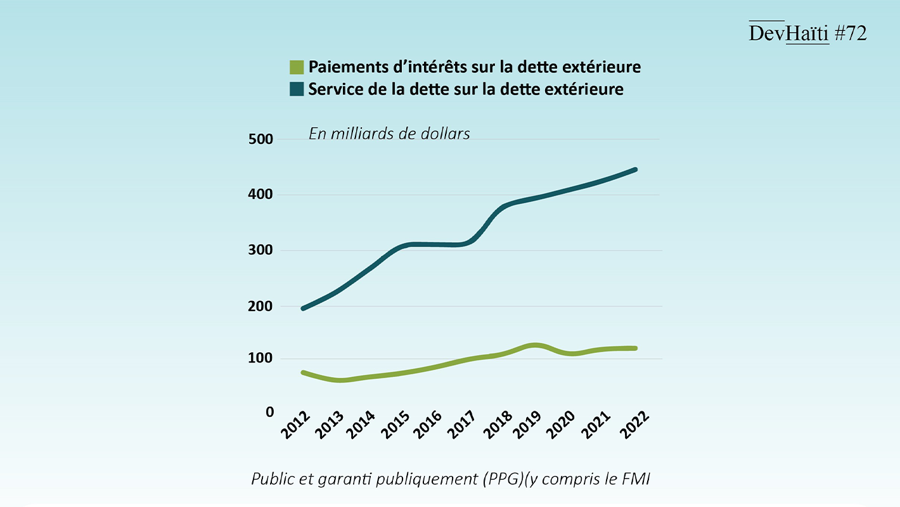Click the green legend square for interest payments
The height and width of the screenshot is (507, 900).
click(x=297, y=67)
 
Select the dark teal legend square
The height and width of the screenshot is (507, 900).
click(x=297, y=89)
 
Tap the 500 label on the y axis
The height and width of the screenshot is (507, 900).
click(x=260, y=139)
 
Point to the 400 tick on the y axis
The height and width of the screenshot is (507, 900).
click(x=260, y=195)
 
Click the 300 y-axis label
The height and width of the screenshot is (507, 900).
click(x=260, y=250)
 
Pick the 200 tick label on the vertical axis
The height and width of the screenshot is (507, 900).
click(x=260, y=306)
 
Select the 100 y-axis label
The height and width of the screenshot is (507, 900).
click(x=260, y=359)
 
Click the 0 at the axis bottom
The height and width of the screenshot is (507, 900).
click(x=270, y=412)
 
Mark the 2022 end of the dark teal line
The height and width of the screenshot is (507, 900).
click(x=634, y=170)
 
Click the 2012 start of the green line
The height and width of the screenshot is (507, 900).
click(x=303, y=373)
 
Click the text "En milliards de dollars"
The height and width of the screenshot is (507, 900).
click(x=389, y=134)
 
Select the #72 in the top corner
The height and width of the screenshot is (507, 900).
click(x=850, y=34)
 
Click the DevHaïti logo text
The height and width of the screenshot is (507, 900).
click(x=788, y=34)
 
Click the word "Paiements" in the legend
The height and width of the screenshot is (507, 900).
click(x=343, y=67)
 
